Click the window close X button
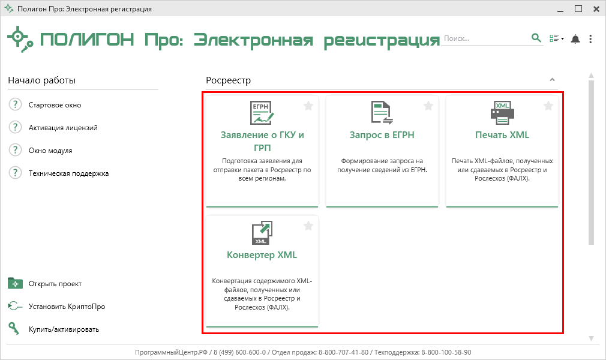coord(596,9)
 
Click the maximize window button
coord(578,8)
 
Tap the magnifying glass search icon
coord(536,38)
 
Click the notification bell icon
coord(575,39)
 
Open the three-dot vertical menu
coord(590,38)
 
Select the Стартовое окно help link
coord(55,105)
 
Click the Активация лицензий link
coord(63,128)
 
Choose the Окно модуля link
coord(50,151)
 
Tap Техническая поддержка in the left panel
coord(69,173)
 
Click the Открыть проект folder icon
coord(15,283)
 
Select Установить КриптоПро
coord(67,307)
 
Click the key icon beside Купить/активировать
coord(14,329)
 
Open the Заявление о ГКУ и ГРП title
coord(262,141)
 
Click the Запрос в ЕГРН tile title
coord(382,135)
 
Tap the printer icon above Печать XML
coord(502,113)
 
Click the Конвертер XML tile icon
coord(262,233)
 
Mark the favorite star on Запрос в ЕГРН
coord(428,106)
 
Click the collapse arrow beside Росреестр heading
coord(552,80)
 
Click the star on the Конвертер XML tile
coord(308,226)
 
